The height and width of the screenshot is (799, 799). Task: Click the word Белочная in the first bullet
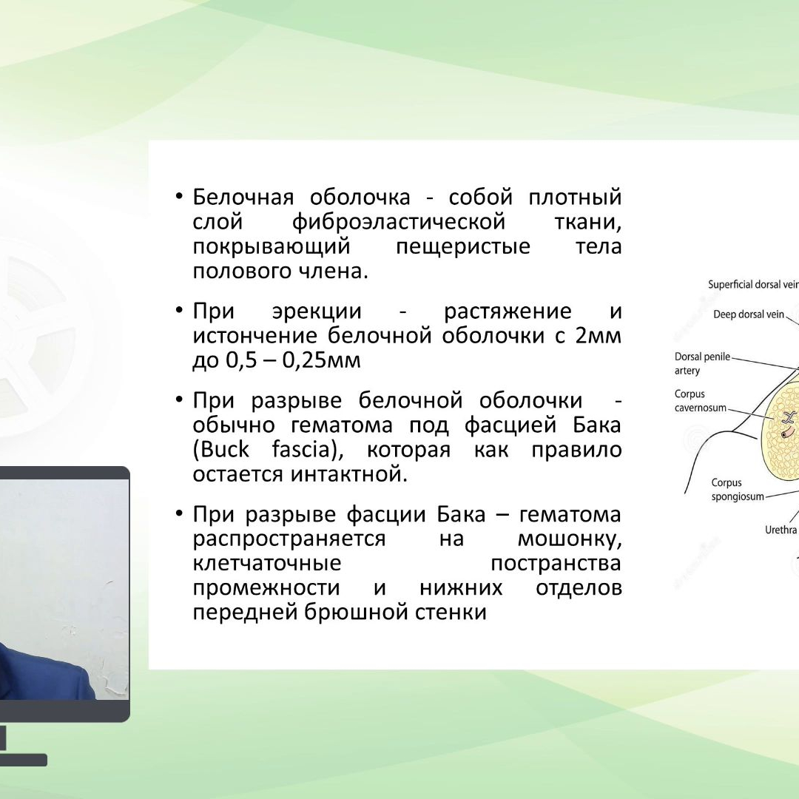pos(243,198)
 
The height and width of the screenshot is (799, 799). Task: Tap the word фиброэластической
pos(399,223)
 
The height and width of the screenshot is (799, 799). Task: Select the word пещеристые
pos(463,247)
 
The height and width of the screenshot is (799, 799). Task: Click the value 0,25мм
pos(321,361)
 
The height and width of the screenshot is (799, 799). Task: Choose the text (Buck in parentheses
pos(220,450)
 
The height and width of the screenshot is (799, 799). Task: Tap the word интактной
pos(349,474)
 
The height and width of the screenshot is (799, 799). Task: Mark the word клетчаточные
pos(267,564)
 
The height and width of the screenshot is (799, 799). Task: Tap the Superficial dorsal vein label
pos(753,285)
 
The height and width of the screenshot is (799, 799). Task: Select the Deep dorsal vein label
pos(749,315)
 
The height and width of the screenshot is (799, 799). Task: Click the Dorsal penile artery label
pos(702,364)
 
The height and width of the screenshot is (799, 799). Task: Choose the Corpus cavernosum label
pos(700,401)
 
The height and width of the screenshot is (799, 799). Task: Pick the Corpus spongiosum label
pos(738,490)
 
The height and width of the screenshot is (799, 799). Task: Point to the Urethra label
pos(781,530)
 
